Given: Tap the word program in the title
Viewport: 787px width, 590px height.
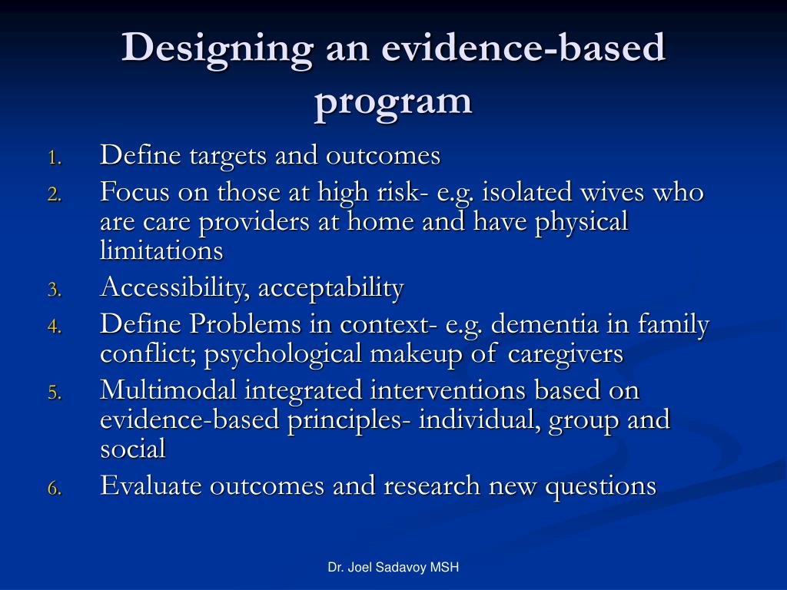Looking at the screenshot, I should click(393, 103).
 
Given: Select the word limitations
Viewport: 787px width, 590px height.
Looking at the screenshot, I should click(161, 250).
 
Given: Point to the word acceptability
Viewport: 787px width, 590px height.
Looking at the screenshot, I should click(330, 289).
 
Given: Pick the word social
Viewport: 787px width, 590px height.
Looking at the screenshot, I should click(133, 449).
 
